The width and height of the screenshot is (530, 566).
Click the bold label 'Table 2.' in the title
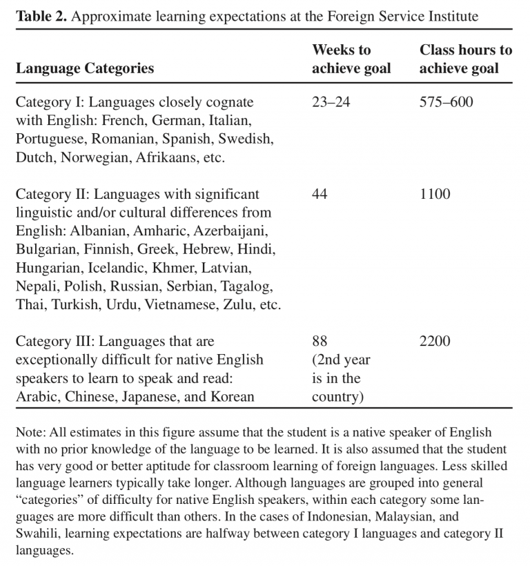coord(41,17)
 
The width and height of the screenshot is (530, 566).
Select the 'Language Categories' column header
coord(85,68)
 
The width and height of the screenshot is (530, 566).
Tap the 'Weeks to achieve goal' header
coord(351,59)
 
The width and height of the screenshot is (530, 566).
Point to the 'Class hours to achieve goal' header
coord(466,59)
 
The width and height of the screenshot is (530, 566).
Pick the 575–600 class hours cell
coord(446,102)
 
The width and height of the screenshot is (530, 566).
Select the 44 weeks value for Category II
coord(320,194)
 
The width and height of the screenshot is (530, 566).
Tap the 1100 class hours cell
coord(435,194)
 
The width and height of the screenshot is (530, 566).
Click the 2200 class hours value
coord(435,342)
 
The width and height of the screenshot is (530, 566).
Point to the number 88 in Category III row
coord(320,342)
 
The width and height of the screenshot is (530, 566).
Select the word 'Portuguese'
coord(50,139)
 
